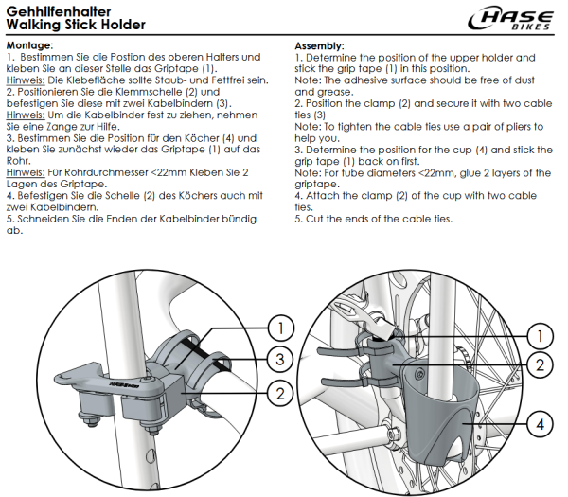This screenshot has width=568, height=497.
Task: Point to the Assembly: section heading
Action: pyautogui.click(x=319, y=45)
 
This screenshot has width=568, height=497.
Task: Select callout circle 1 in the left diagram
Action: pyautogui.click(x=278, y=328)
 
